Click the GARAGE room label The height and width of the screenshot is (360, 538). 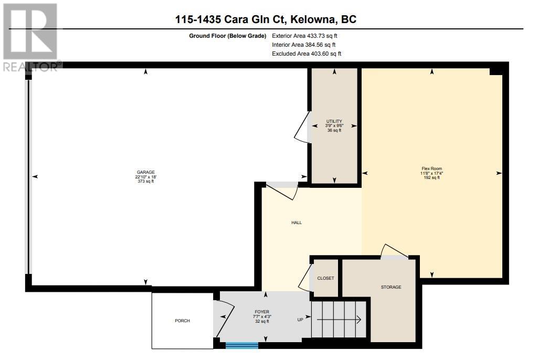[146, 172]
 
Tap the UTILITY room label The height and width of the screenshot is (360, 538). [334, 121]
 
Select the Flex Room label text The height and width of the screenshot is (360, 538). [431, 168]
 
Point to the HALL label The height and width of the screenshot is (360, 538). [297, 223]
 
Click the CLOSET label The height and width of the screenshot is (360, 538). [325, 278]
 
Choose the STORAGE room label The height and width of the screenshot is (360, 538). [391, 287]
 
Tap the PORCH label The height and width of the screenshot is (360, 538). [182, 321]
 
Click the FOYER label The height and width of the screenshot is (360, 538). [262, 312]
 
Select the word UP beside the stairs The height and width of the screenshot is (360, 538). [300, 320]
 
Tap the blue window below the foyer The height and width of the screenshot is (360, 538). [242, 345]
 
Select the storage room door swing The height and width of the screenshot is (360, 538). [394, 250]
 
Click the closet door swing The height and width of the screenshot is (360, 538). [305, 277]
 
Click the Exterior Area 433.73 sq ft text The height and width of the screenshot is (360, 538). [304, 36]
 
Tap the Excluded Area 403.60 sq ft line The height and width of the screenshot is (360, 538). [307, 54]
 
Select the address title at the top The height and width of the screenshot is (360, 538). [266, 19]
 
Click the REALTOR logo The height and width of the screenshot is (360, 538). [31, 37]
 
